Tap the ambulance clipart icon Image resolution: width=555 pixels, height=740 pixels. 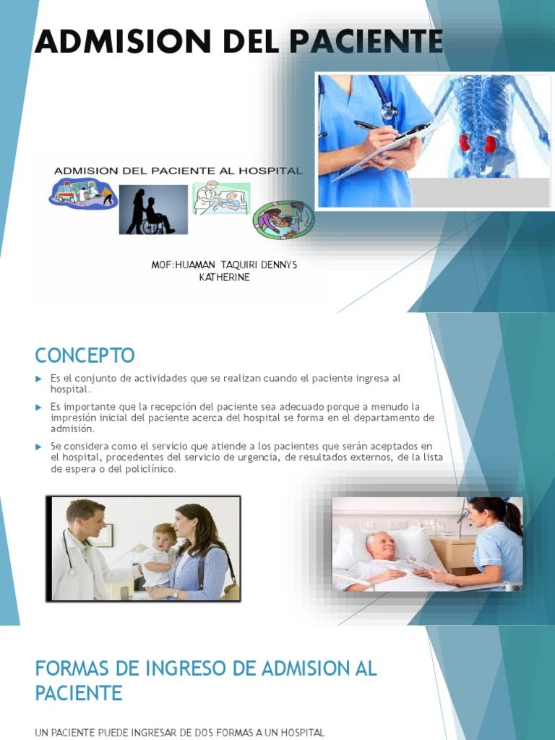point(82,193)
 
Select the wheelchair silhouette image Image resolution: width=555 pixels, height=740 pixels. point(153,210)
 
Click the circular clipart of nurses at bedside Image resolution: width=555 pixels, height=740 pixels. point(283,220)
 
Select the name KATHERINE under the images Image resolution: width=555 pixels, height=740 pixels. point(224,277)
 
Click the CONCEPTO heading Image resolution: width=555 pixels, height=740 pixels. point(85,356)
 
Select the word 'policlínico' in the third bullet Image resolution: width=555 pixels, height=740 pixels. point(149,469)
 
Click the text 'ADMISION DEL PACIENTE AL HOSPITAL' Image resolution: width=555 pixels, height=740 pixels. point(178,171)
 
